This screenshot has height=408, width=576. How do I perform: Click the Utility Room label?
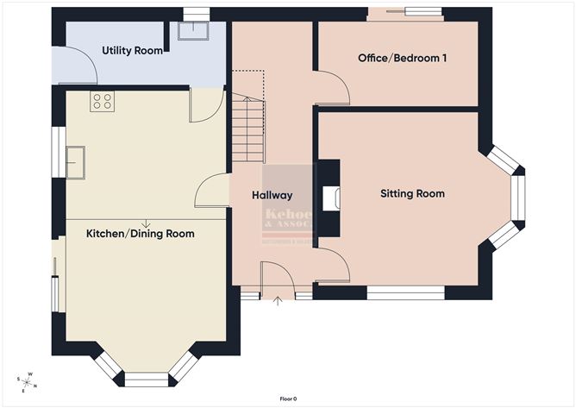click(x=132, y=51)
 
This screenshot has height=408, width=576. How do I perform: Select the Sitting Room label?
click(x=412, y=194)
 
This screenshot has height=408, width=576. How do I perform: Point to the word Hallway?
click(x=272, y=196)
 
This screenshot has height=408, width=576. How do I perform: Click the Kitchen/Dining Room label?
click(x=140, y=234)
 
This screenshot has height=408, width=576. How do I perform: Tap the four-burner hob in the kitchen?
click(x=102, y=102)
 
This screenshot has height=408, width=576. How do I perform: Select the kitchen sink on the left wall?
click(x=77, y=161)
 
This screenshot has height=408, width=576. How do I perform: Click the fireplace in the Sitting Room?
click(x=329, y=198)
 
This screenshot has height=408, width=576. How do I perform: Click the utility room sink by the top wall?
click(x=188, y=32)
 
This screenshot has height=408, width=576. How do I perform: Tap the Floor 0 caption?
click(x=288, y=399)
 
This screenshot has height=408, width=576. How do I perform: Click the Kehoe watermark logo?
click(x=288, y=221)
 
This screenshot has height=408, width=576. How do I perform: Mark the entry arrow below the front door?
click(x=278, y=302)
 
